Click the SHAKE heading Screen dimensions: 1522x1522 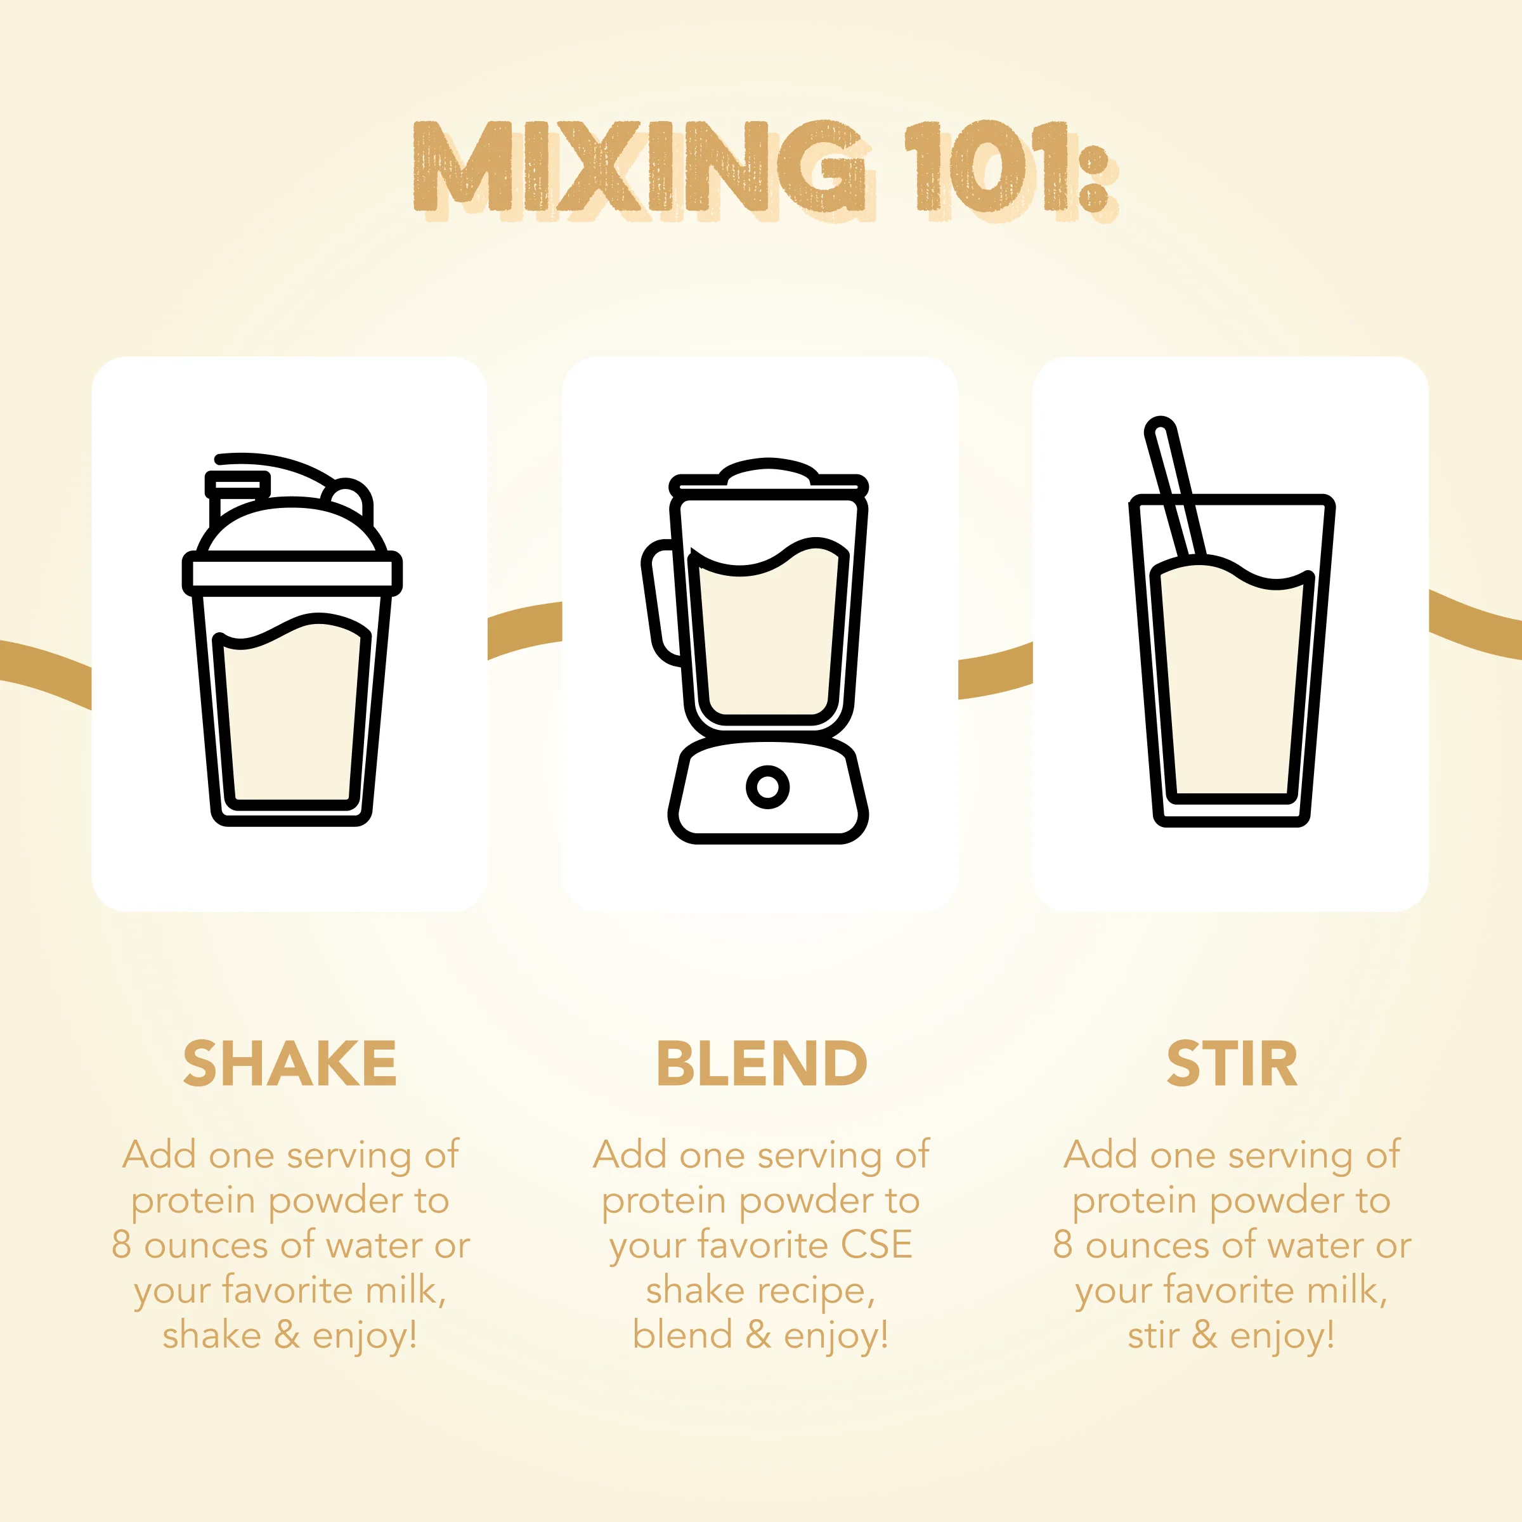pos(289,1063)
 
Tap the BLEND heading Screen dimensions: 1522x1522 pos(761,1063)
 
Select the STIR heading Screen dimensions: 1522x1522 pos(1232,1063)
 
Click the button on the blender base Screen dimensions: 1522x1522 pos(767,786)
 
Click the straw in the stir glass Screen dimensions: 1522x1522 pos(1174,488)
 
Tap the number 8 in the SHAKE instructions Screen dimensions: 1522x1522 pos(120,1246)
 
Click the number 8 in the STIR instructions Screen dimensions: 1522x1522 pos(1063,1246)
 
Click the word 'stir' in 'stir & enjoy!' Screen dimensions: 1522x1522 pos(1152,1336)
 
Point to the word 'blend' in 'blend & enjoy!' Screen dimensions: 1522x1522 pos(682,1336)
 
